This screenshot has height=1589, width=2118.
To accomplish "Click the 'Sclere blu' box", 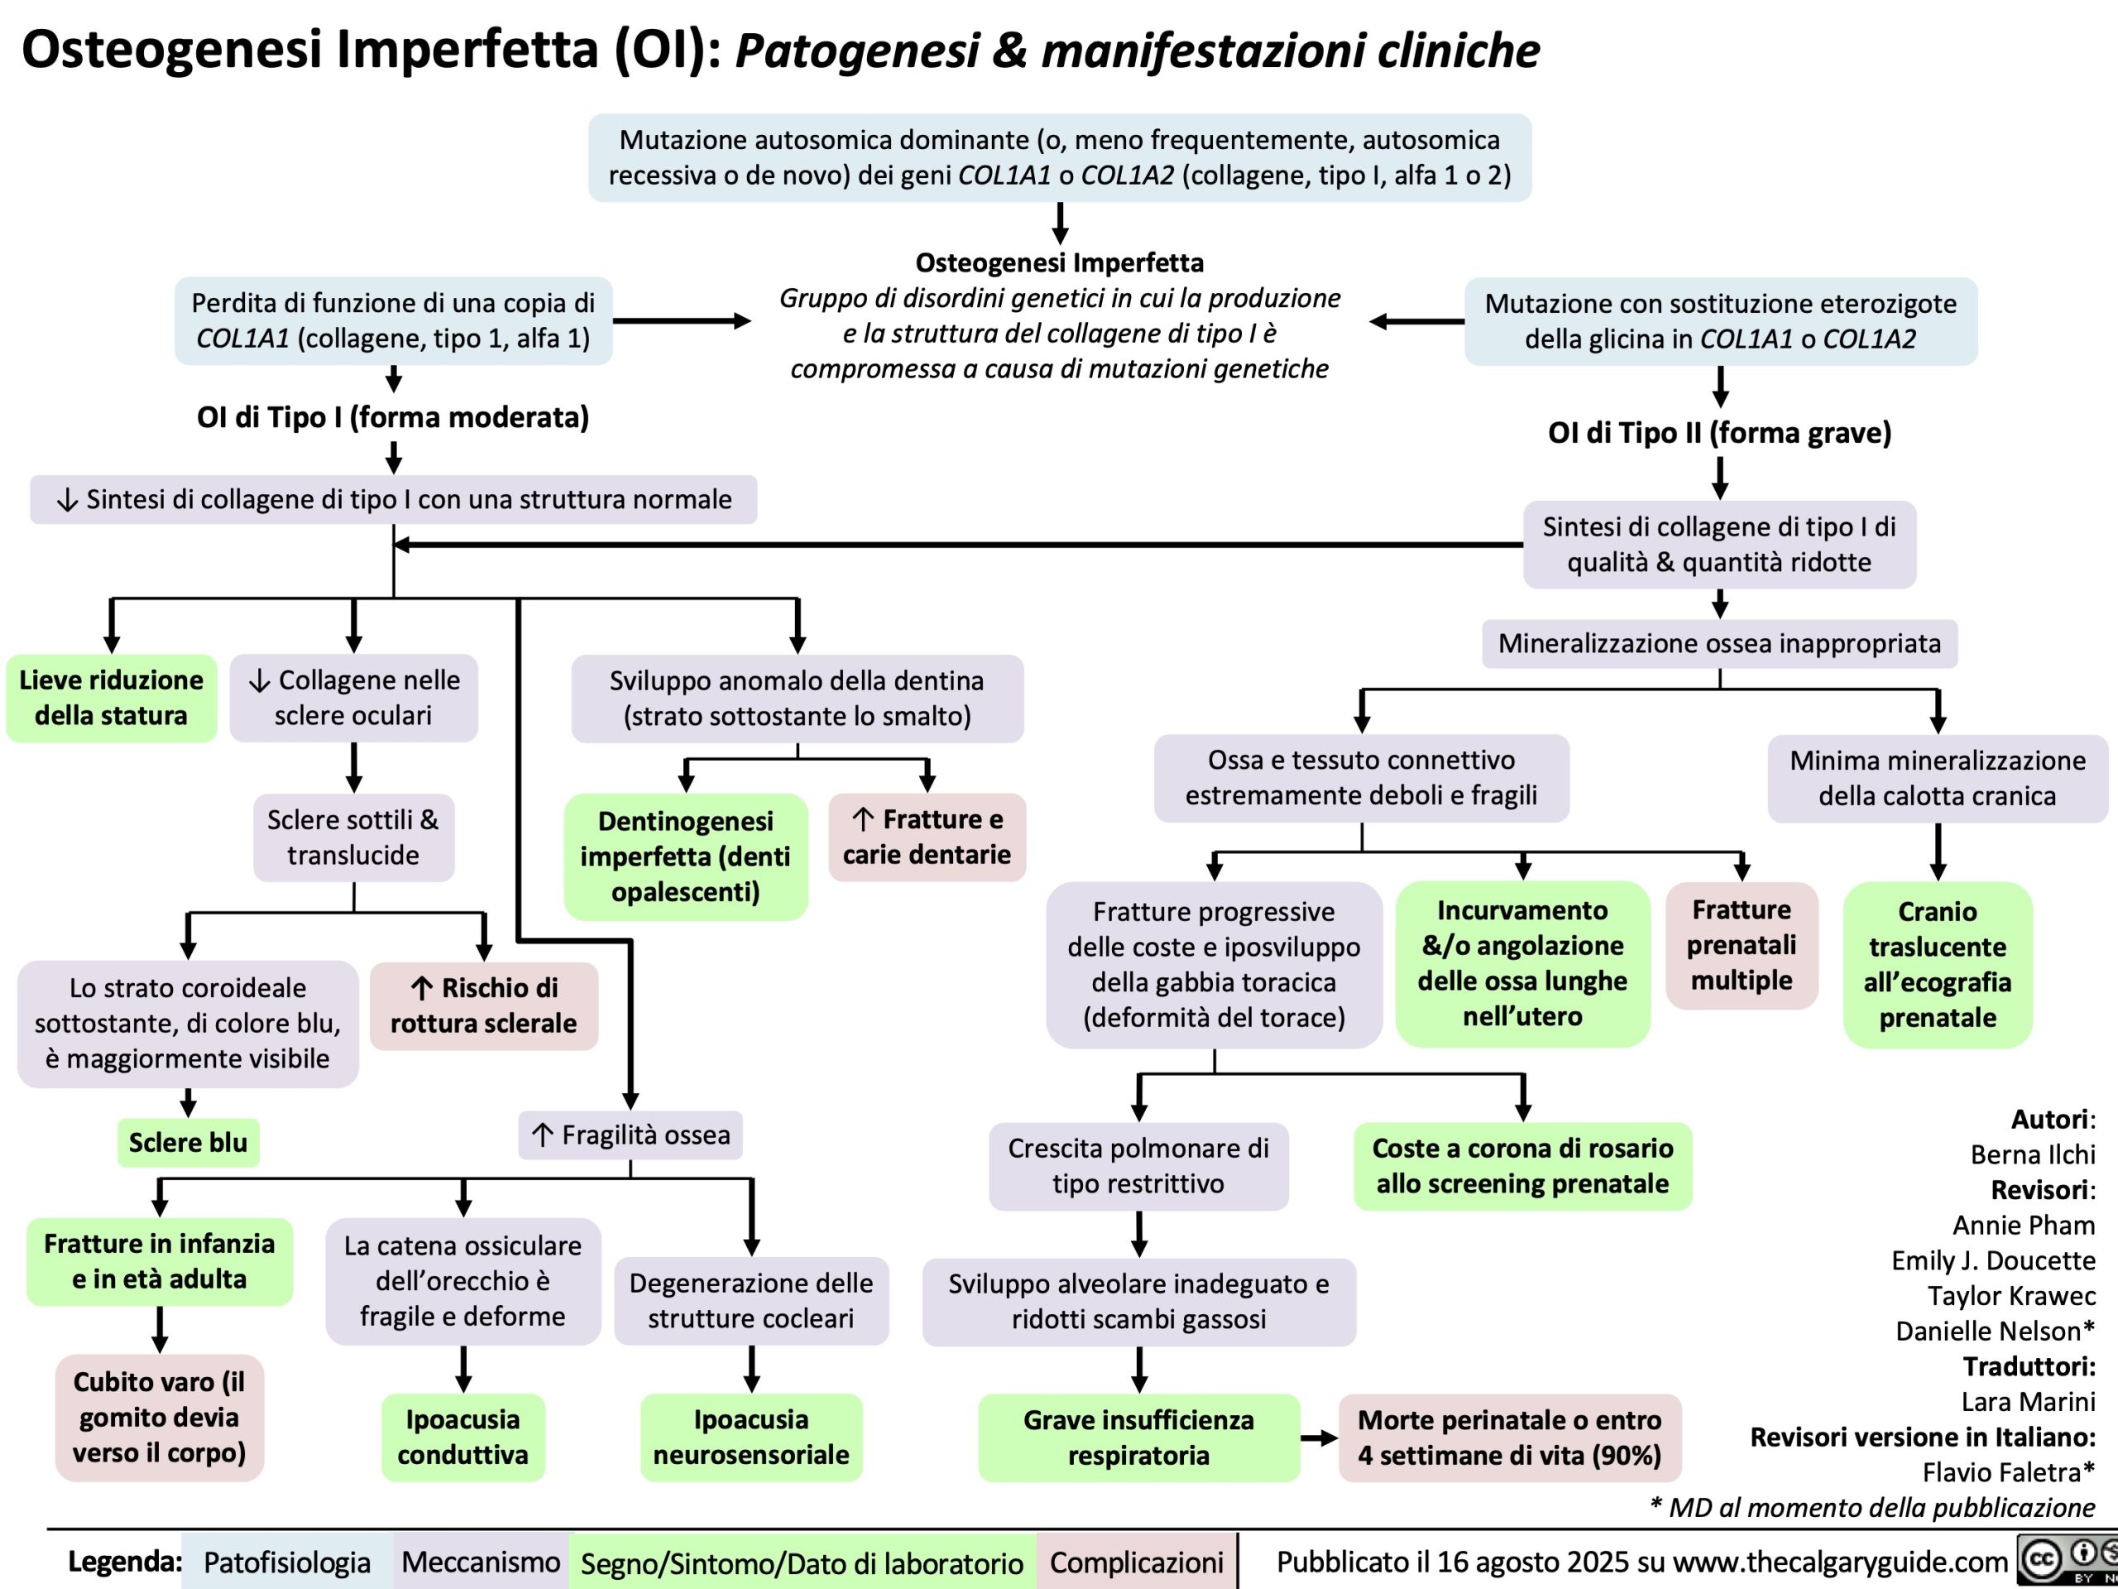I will [188, 1142].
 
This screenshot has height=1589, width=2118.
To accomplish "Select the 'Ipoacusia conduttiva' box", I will [462, 1437].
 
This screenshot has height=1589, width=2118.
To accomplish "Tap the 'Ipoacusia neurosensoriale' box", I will [750, 1437].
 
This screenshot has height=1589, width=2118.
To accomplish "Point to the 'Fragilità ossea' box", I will [631, 1135].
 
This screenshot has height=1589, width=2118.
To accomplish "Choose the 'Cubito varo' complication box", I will [159, 1417].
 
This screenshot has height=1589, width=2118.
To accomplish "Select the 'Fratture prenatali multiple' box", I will [1741, 944].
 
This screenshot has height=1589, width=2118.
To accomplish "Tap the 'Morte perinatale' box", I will [1509, 1437].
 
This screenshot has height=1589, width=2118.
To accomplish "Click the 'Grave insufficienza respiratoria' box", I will [1138, 1437].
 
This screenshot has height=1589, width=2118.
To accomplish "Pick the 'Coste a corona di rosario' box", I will [1522, 1165].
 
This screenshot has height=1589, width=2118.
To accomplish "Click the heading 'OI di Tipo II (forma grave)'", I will [1720, 433].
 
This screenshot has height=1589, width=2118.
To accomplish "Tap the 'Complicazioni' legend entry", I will [1136, 1563].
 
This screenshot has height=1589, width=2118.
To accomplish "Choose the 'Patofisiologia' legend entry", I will [286, 1563].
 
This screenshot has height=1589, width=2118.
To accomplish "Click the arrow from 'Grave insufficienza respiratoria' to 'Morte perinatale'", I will [1320, 1438].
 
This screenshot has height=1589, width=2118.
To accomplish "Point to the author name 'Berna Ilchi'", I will [2032, 1155].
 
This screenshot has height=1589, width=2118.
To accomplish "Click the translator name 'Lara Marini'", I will [2028, 1401].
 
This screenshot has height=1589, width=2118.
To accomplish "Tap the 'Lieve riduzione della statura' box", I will [111, 698].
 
